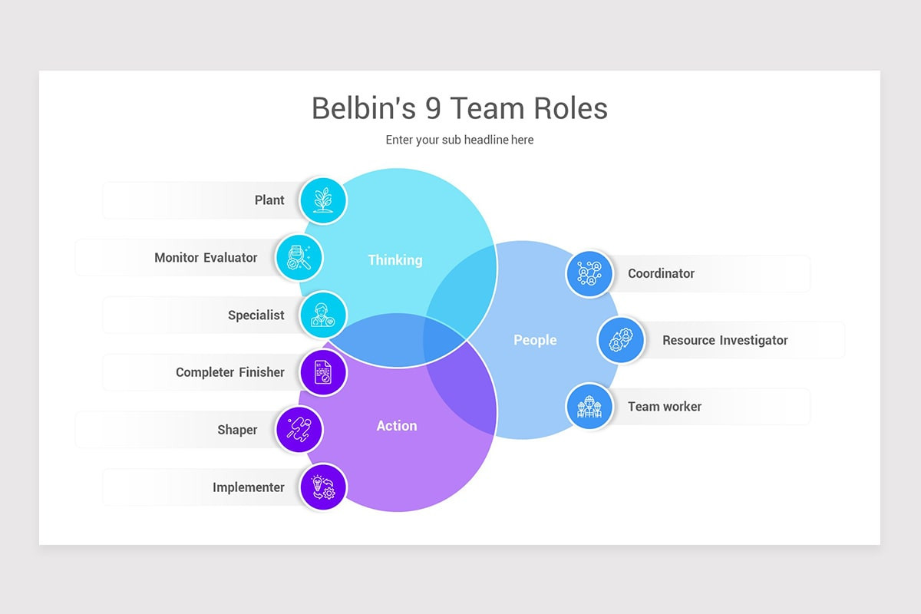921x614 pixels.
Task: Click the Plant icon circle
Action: tap(323, 200)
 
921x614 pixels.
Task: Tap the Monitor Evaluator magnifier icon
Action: tap(299, 258)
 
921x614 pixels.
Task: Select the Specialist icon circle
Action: tap(323, 315)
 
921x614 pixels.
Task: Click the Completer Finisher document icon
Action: tap(323, 372)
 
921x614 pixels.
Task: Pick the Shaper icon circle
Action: tap(299, 430)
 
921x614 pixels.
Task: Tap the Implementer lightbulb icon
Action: tap(323, 487)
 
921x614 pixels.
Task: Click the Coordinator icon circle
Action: tap(589, 273)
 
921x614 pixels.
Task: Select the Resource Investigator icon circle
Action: tap(621, 340)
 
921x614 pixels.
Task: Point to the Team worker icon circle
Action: tap(589, 407)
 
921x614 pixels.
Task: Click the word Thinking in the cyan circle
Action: tap(394, 260)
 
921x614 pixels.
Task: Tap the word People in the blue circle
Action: tap(535, 340)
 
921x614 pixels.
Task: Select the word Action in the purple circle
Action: tap(396, 426)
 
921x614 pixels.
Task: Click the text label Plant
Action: tap(269, 200)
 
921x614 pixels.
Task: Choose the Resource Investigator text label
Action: tap(725, 340)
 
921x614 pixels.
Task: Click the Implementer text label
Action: tap(248, 487)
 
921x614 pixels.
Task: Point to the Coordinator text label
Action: tap(661, 273)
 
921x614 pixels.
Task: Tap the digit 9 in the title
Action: tap(434, 108)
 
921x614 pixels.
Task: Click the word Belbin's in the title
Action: tap(364, 108)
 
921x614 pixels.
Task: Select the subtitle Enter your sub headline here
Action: tap(459, 140)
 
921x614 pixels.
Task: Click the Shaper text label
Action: tap(237, 430)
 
